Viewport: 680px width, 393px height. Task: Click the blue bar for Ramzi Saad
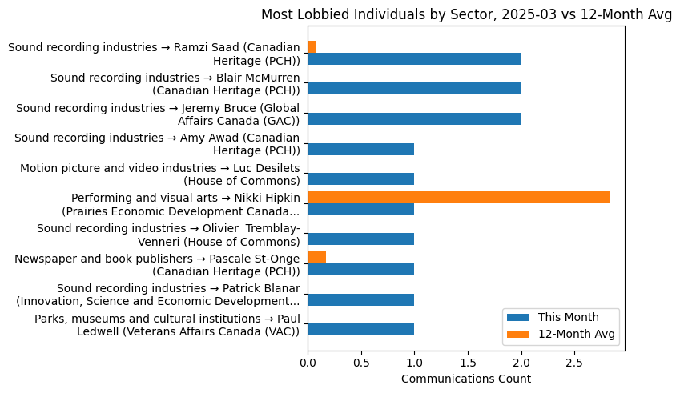click(x=414, y=58)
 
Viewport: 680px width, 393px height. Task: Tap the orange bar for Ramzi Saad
click(x=312, y=46)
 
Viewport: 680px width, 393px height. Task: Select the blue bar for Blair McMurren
click(x=414, y=89)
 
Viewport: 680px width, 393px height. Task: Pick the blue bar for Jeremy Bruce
click(x=414, y=119)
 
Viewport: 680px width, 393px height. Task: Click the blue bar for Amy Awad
click(x=360, y=149)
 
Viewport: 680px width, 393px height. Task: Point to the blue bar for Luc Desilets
click(x=360, y=179)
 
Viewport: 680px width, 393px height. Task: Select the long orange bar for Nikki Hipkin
click(x=458, y=197)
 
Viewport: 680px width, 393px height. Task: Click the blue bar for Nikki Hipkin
click(x=360, y=209)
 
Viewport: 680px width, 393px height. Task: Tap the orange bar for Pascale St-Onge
click(x=316, y=257)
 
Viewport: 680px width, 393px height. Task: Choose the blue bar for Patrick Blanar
click(x=360, y=299)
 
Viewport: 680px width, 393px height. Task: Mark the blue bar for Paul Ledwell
click(x=360, y=329)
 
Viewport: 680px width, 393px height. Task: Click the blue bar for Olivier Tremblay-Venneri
click(x=360, y=239)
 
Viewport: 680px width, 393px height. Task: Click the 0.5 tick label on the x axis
click(x=360, y=363)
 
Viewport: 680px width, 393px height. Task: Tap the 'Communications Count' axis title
click(x=465, y=379)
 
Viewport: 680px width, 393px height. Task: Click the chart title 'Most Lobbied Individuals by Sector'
click(x=465, y=14)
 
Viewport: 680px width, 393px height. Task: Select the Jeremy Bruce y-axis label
click(x=158, y=114)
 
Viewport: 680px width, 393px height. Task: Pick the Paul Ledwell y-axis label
click(x=167, y=325)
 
